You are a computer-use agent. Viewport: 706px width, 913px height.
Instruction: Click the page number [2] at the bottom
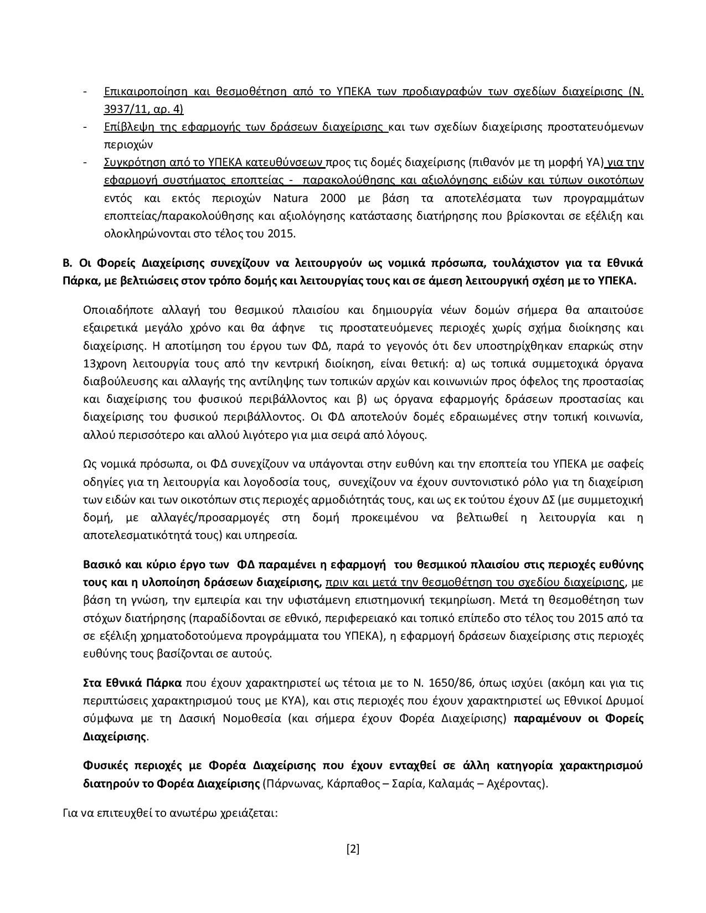coord(353,849)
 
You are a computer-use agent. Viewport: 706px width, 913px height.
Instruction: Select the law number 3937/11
coord(127,109)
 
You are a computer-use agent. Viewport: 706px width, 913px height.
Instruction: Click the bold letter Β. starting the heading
coord(68,262)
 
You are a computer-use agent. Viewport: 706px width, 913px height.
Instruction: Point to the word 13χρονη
coord(102,364)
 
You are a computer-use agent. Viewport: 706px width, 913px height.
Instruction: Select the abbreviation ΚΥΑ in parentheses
coord(292,701)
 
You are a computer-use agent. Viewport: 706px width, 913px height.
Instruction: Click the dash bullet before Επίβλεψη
coord(85,127)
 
